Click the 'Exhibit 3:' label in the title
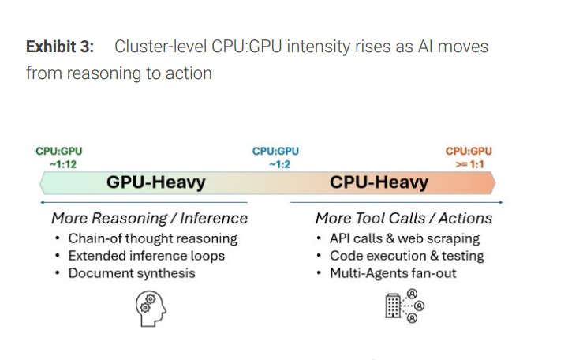pyautogui.click(x=59, y=47)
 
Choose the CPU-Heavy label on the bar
pyautogui.click(x=379, y=183)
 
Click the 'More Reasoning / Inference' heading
pyautogui.click(x=149, y=219)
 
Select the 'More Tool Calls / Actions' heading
pyautogui.click(x=403, y=219)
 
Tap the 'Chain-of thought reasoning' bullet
pyautogui.click(x=152, y=238)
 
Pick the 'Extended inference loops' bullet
pyautogui.click(x=146, y=256)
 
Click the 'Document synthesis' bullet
pyautogui.click(x=132, y=273)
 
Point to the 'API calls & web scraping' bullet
pyautogui.click(x=404, y=238)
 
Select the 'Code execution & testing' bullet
pyautogui.click(x=406, y=256)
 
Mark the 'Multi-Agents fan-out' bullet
pyautogui.click(x=393, y=273)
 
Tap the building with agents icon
pyautogui.click(x=403, y=306)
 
